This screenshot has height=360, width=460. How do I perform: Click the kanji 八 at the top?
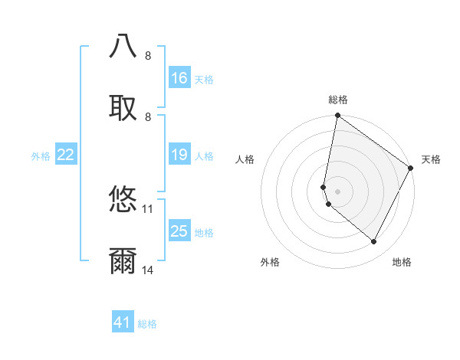tap(123, 47)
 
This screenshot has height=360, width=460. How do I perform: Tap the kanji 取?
tap(123, 109)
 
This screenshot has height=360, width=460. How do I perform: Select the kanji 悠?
tap(123, 200)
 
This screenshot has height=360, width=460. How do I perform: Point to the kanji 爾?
tap(123, 262)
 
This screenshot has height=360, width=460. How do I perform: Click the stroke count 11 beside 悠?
tap(148, 208)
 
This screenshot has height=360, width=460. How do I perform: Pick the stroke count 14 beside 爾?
tap(148, 270)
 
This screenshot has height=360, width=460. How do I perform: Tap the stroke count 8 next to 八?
tap(148, 55)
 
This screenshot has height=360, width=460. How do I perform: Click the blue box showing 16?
tap(179, 78)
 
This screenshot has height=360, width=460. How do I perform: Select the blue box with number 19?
tap(179, 155)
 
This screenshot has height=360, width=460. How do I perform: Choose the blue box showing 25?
tap(179, 231)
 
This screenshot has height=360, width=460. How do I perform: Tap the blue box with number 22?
tap(66, 155)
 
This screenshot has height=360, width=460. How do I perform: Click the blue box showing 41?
tap(123, 322)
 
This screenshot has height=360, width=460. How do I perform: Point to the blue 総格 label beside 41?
tap(147, 324)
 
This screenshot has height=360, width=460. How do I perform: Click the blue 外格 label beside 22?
tap(41, 156)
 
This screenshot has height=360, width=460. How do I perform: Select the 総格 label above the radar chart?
tap(338, 100)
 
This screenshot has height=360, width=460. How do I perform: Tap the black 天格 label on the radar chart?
tap(431, 159)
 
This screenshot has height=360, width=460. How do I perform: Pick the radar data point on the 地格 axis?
tap(374, 242)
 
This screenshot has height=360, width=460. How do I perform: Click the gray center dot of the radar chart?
tap(338, 191)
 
